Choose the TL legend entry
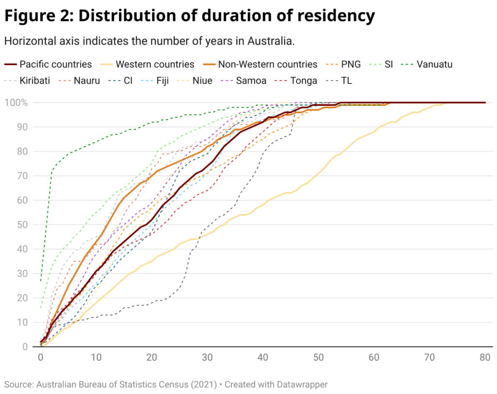pyautogui.click(x=347, y=80)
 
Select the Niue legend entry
pyautogui.click(x=202, y=80)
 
